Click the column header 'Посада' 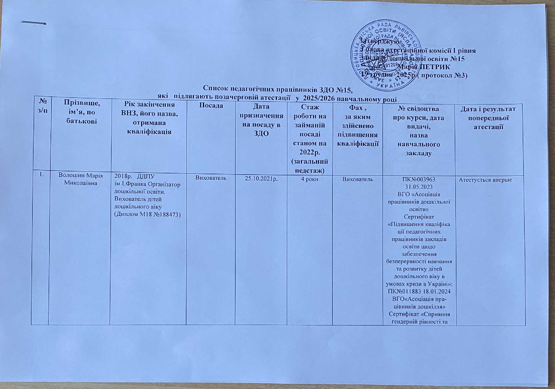pos(211,106)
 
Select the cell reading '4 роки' pos(310,179)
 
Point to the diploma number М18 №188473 pos(147,214)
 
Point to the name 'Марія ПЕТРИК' pos(424,67)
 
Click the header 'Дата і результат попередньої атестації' pos(488,118)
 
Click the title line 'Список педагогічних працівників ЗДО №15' pos(278,88)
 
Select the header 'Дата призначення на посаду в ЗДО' pos(261,120)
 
